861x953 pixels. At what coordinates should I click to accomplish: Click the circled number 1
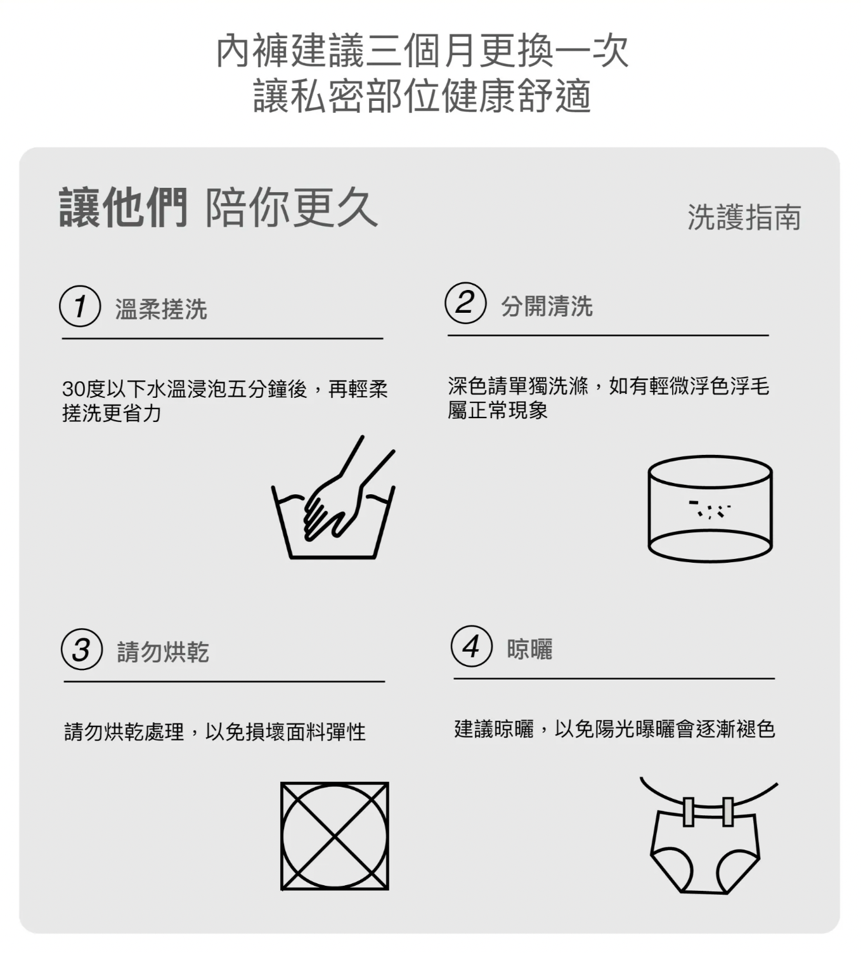[x=80, y=306]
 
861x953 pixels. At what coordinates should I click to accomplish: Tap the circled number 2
[x=465, y=303]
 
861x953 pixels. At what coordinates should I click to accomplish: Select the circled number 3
[x=82, y=650]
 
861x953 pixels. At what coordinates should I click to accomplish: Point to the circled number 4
[x=472, y=646]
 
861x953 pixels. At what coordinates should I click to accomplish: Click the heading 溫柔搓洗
[x=161, y=309]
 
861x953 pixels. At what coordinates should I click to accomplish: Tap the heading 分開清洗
[x=547, y=306]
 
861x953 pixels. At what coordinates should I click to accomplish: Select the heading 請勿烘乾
[x=163, y=652]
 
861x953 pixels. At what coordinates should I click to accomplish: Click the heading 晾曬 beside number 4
[x=529, y=649]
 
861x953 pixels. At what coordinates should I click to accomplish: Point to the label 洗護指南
[x=744, y=218]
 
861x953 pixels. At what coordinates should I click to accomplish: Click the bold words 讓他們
[x=123, y=207]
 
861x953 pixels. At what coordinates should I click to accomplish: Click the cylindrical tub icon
[x=710, y=509]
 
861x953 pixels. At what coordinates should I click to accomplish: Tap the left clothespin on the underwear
[x=688, y=812]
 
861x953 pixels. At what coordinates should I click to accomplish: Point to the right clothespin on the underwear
[x=727, y=812]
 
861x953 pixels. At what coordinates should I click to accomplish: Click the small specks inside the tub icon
[x=709, y=509]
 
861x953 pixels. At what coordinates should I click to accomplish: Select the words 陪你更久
[x=291, y=207]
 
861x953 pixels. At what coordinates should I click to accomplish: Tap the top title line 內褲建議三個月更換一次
[x=422, y=51]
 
